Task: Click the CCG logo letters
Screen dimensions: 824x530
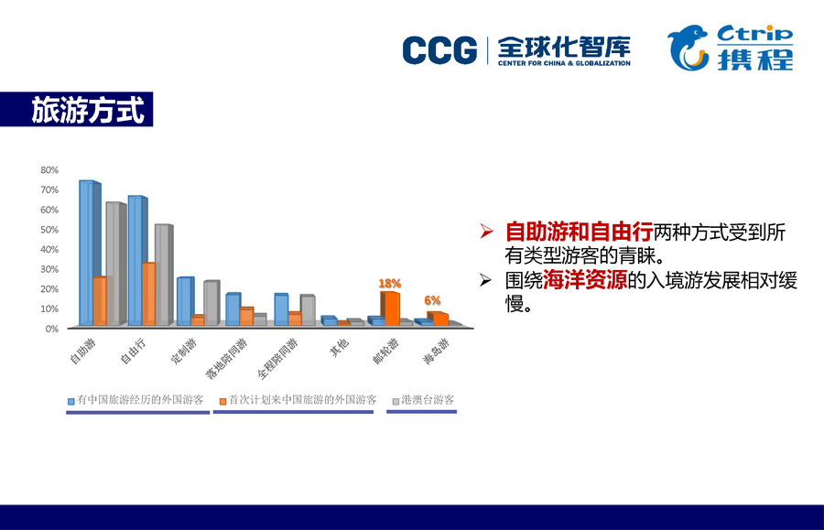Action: [x=439, y=50]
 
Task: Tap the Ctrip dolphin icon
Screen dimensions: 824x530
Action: [x=688, y=48]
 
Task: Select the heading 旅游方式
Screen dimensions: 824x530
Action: [x=87, y=110]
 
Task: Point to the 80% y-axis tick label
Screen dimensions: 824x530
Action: [x=49, y=170]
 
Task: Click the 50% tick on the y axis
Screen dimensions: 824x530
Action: [x=49, y=230]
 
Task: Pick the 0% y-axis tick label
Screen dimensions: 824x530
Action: [x=52, y=329]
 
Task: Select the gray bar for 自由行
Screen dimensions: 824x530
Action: [x=164, y=275]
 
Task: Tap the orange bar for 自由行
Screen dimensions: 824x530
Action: [x=148, y=294]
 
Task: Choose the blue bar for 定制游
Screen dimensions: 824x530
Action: [x=186, y=301]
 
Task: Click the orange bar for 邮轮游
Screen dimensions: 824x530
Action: [x=390, y=308]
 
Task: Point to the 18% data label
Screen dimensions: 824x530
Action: [x=389, y=284]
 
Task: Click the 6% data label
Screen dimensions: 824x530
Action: [x=432, y=300]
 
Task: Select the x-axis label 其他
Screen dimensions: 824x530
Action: [x=339, y=348]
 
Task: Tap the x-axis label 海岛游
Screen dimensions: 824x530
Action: [x=436, y=352]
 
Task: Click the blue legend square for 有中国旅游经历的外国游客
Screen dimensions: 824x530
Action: [x=70, y=401]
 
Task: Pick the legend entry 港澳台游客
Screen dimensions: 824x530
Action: [x=424, y=400]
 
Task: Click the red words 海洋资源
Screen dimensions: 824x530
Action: [x=585, y=280]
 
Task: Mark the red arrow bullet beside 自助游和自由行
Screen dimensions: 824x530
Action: [x=486, y=231]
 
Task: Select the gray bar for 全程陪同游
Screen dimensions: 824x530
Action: [x=308, y=310]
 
